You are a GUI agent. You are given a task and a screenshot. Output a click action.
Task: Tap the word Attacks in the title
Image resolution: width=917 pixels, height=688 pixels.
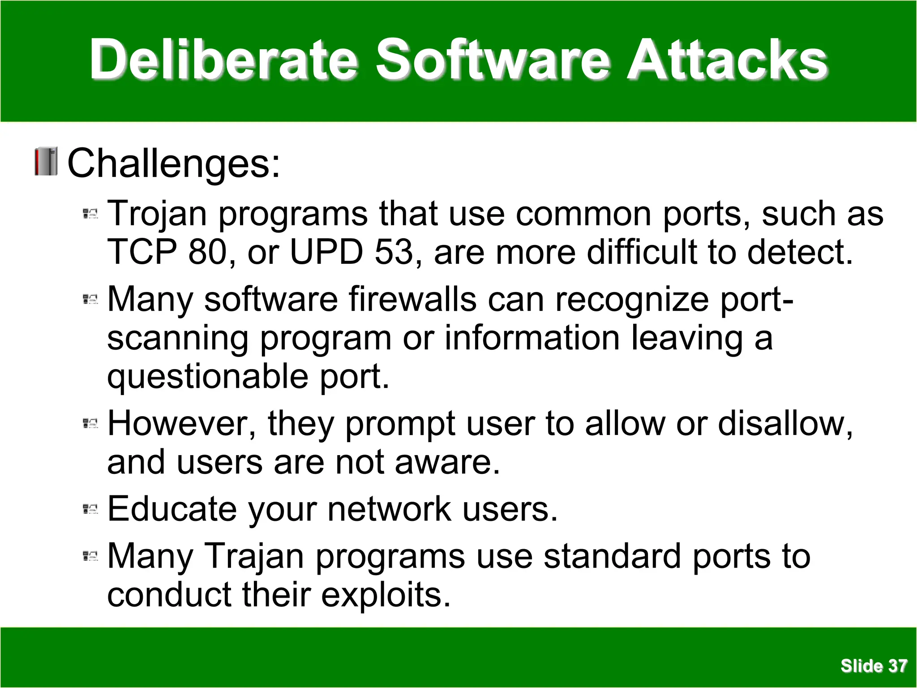(727, 60)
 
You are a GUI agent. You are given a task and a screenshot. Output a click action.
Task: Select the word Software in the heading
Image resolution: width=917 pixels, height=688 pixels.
(493, 60)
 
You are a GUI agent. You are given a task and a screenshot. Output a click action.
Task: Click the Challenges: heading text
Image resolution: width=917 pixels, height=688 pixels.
(174, 163)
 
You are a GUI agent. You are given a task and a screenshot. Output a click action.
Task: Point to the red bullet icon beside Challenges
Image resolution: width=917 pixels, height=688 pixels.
(46, 161)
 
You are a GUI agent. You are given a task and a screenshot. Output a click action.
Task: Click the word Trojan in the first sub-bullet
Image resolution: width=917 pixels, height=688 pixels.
(157, 214)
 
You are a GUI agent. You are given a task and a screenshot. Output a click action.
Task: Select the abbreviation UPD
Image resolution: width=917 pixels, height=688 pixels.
(326, 252)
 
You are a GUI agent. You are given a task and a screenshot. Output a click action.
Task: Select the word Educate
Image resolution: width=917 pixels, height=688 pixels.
(172, 509)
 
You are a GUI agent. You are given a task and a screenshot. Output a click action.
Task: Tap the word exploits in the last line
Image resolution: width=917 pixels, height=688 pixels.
(386, 595)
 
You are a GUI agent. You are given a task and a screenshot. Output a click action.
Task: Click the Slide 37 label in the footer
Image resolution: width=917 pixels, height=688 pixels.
(874, 666)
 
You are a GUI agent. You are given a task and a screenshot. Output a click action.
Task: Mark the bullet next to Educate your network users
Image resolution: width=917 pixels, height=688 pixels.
(90, 509)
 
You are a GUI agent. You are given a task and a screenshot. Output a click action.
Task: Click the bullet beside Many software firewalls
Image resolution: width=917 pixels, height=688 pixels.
(90, 299)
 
